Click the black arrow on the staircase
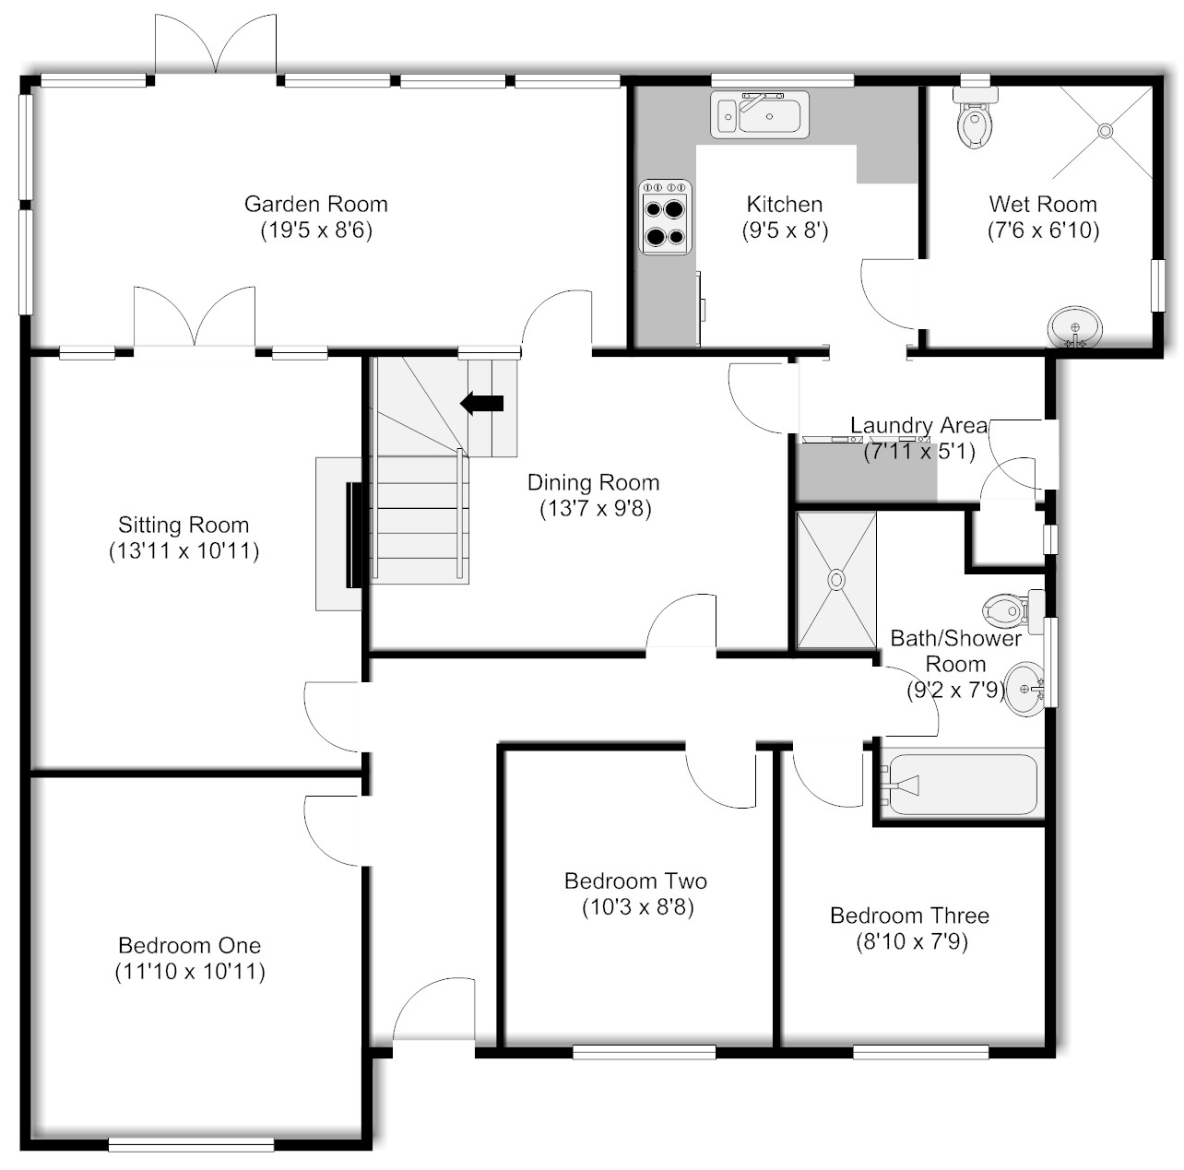482,404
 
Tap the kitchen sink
760,114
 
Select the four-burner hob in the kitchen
666,217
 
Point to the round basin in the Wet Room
1074,328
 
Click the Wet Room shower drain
1106,131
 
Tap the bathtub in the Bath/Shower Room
962,785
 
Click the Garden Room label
315,204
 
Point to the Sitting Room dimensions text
184,550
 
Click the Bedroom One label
189,945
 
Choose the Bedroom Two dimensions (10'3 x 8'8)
638,907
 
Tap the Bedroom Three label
909,916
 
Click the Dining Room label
594,482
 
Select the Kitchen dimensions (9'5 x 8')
786,230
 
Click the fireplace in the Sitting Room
339,534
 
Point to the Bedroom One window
191,1144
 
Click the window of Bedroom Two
644,1053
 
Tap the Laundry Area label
918,425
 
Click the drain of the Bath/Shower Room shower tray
836,580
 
